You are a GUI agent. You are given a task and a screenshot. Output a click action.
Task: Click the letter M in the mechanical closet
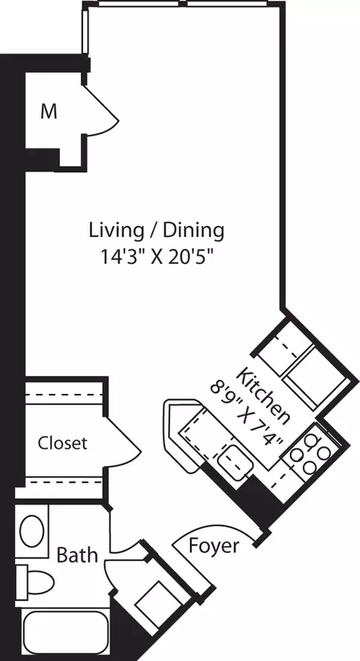(x=49, y=112)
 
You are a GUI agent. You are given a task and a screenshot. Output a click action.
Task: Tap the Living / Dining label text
(x=157, y=229)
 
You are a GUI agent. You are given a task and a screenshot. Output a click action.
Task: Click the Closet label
(x=62, y=443)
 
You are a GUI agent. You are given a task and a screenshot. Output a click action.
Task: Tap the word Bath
(x=77, y=555)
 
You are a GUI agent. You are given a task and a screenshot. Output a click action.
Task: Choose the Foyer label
(x=214, y=545)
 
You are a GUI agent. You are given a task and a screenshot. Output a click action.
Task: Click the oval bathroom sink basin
(x=31, y=531)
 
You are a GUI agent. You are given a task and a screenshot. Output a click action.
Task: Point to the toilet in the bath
(x=37, y=581)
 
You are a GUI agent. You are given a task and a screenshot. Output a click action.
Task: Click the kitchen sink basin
(x=235, y=458)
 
